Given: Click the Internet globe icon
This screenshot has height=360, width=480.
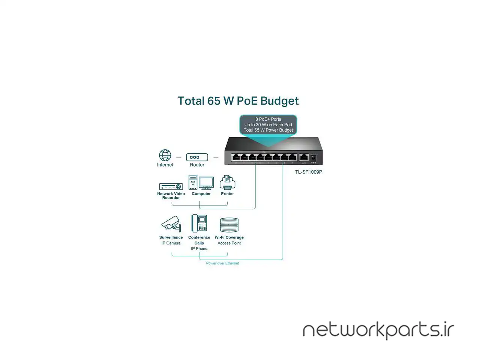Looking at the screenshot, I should tap(165, 155).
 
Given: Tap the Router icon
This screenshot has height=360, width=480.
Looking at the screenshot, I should tap(197, 157).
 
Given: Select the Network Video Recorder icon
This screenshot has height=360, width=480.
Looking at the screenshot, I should tap(171, 186).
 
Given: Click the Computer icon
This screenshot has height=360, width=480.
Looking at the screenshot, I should tap(201, 183).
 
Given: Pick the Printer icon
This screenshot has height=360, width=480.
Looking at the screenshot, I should tap(227, 183).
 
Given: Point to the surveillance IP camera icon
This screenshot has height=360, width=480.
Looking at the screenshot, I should tap(171, 224).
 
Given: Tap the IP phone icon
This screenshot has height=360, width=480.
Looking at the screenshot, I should tap(199, 223).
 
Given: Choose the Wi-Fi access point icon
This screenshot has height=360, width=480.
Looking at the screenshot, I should tap(229, 225).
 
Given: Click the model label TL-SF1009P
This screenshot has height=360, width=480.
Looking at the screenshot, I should tap(309, 172).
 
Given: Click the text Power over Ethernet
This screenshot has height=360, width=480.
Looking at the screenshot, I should tap(222, 263).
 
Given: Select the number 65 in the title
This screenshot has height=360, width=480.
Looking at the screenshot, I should tap(214, 101).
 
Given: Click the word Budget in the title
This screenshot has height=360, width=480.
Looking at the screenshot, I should tap(279, 101).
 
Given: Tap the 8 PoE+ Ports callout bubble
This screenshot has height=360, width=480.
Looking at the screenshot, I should tap(268, 125).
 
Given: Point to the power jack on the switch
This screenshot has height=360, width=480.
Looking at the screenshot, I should tap(313, 158).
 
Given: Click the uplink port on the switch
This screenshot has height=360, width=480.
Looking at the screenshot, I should tap(304, 157).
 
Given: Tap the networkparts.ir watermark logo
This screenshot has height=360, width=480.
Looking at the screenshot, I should tap(378, 330).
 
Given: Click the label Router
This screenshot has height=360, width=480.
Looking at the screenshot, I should tap(197, 165).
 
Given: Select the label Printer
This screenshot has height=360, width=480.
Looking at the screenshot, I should tap(227, 194).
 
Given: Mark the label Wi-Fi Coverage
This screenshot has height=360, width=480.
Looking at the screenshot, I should tap(229, 237).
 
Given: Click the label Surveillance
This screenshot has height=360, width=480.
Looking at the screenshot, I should tap(171, 237).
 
